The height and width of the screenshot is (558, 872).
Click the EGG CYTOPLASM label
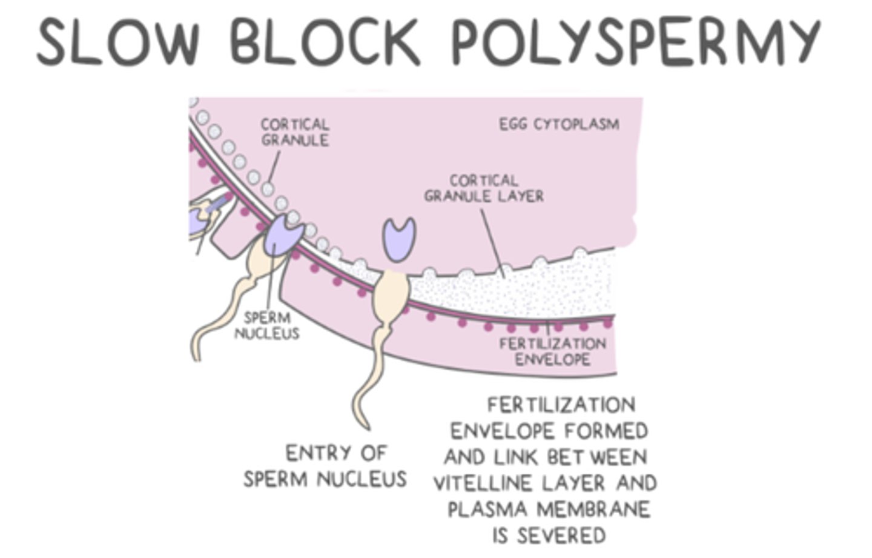point(559,124)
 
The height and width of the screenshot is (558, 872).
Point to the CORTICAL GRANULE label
point(295,132)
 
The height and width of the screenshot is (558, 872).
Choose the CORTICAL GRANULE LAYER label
point(483,188)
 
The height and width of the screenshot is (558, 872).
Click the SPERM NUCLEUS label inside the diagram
point(266,325)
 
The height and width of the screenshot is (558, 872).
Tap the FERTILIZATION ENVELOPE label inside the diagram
point(552,351)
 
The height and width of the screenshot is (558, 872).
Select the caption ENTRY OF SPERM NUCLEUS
point(325,466)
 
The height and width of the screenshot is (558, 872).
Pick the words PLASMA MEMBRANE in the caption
point(549,510)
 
